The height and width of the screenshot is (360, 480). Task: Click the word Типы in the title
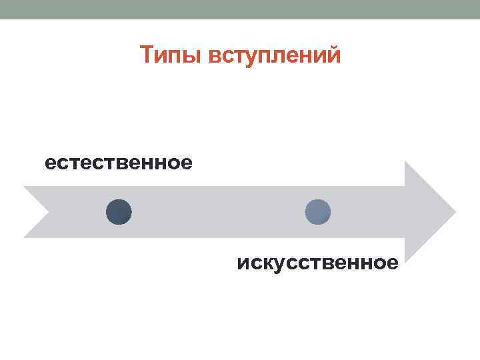coord(172,55)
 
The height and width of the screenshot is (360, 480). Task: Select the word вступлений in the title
coord(275,55)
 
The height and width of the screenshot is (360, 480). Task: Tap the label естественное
coord(119,163)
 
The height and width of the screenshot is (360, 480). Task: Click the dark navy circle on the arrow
coord(119,212)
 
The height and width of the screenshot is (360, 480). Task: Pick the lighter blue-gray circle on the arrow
coord(317,212)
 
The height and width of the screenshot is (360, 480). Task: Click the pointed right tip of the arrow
coord(455,212)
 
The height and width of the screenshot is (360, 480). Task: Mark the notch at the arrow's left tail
coord(48,212)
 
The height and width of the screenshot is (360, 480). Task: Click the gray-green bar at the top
coord(240,9)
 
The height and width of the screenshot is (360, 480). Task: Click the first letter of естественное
coord(51,163)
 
